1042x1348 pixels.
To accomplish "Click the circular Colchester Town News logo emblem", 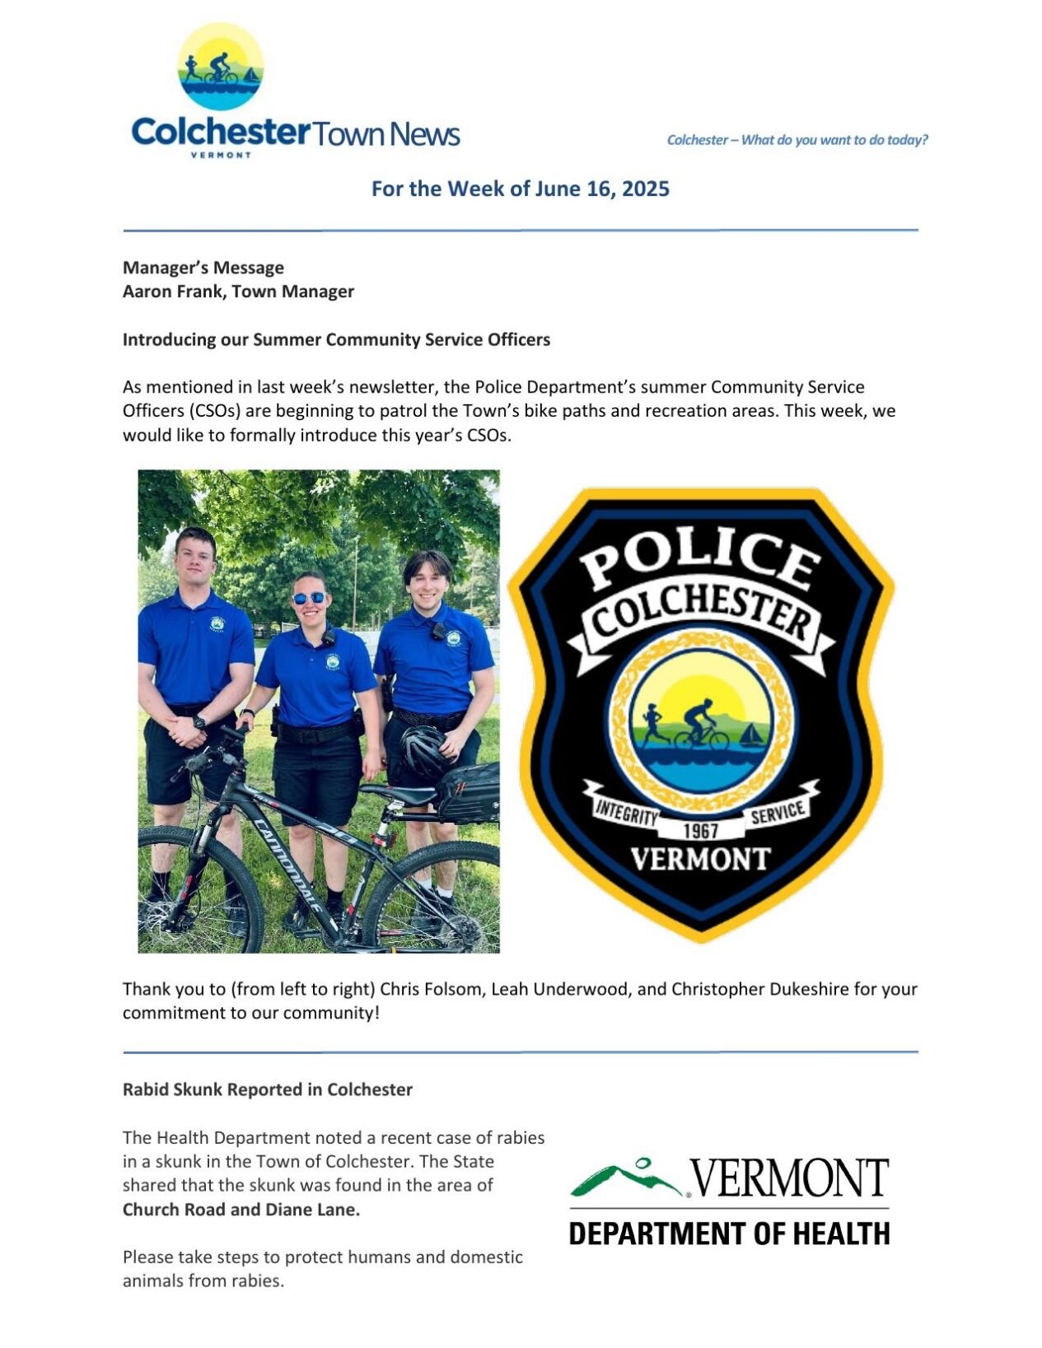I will pos(220,67).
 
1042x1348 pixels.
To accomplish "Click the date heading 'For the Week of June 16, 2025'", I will pos(520,189).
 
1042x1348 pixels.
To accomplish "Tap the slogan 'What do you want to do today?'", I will pos(834,140).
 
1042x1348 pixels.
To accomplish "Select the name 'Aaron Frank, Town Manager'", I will pos(238,292).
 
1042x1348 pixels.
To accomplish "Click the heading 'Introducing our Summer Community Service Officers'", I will pos(336,339).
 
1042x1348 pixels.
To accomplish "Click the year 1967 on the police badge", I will pos(701,830).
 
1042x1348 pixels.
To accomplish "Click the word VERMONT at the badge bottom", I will pos(700,860).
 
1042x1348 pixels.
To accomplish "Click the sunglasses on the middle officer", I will pos(309,598).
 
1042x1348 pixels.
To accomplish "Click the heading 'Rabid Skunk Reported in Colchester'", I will pos(268,1089).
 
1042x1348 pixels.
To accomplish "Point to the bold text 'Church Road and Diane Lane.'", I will pos(241,1210).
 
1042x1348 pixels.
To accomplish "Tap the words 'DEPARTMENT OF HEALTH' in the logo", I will pos(729,1234).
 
